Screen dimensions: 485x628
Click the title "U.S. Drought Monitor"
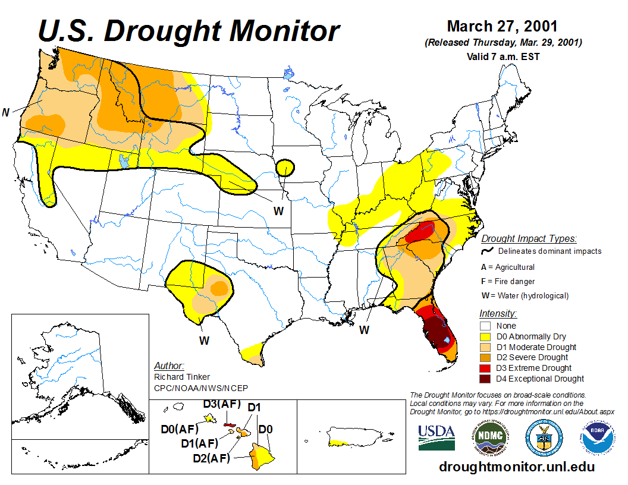click(189, 31)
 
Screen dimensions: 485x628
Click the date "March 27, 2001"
click(502, 27)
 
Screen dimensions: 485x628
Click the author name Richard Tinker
click(181, 377)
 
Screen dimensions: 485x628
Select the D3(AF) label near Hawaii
click(222, 405)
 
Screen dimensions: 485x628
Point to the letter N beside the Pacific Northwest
click(6, 112)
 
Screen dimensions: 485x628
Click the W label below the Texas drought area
click(204, 341)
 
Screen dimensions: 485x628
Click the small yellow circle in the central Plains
click(285, 168)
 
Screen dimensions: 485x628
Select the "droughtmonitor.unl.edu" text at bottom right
click(516, 467)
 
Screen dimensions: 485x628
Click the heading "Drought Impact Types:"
click(529, 239)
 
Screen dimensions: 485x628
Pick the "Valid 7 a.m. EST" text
click(503, 57)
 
